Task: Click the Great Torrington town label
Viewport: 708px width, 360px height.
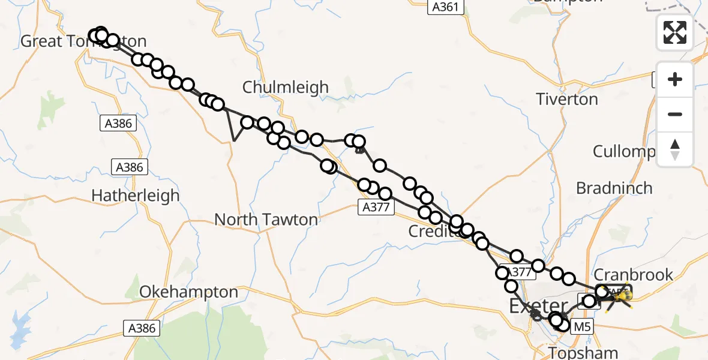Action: (x=83, y=41)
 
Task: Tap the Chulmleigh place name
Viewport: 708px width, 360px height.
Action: (x=286, y=87)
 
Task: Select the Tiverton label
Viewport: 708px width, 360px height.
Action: (x=567, y=99)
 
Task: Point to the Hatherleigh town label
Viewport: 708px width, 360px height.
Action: (x=136, y=196)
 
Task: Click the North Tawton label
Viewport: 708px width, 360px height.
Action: (x=266, y=220)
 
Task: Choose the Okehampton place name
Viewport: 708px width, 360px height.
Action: (x=188, y=292)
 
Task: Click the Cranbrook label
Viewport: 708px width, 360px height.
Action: (x=633, y=275)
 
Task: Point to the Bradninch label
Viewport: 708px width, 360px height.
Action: (x=614, y=188)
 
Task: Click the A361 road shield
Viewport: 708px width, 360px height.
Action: (x=446, y=7)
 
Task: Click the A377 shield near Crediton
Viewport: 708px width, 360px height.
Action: (x=377, y=208)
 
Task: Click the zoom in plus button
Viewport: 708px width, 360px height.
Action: (x=675, y=79)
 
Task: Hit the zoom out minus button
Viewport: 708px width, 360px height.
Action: (x=675, y=114)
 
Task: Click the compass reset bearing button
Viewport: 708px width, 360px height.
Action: (x=675, y=149)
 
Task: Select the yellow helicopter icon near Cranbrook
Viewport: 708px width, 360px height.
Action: (x=625, y=295)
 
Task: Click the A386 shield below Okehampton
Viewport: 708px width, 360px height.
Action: (x=142, y=328)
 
